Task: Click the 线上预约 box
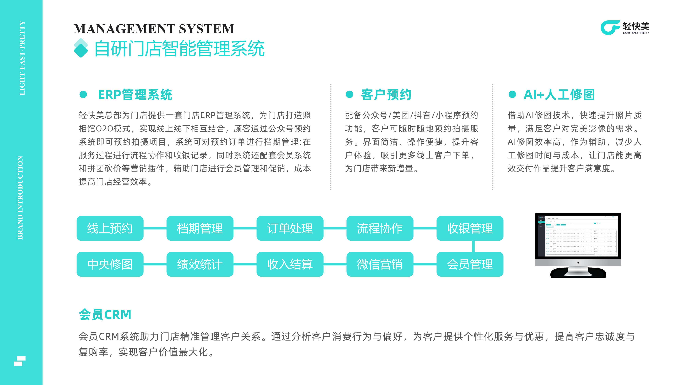pyautogui.click(x=110, y=228)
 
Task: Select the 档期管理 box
pyautogui.click(x=200, y=228)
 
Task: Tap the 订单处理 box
pyautogui.click(x=290, y=228)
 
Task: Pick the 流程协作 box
pyautogui.click(x=380, y=228)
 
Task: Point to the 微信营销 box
pyautogui.click(x=380, y=264)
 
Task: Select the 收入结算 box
pyautogui.click(x=290, y=264)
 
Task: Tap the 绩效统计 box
pyautogui.click(x=200, y=264)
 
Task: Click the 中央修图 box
pyautogui.click(x=110, y=264)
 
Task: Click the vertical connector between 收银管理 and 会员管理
pyautogui.click(x=473, y=246)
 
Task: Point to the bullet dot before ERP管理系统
pyautogui.click(x=83, y=94)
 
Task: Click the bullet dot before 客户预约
pyautogui.click(x=349, y=94)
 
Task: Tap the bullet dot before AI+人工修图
pyautogui.click(x=512, y=94)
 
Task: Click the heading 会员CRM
pyautogui.click(x=105, y=315)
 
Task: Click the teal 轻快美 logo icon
pyautogui.click(x=610, y=28)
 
